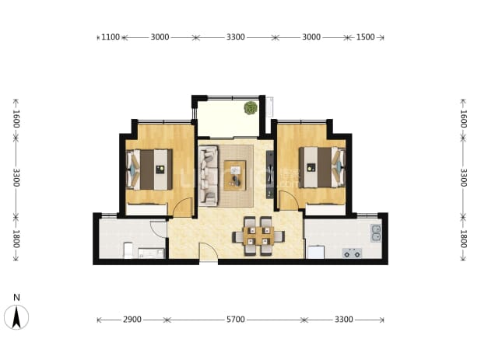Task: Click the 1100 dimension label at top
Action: pos(111,37)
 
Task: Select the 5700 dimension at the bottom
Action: pos(236,320)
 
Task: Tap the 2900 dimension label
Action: pos(132,320)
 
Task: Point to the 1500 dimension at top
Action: pos(365,37)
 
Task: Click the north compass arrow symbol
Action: pos(16,317)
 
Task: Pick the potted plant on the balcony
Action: pos(251,107)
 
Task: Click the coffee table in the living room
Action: pos(235,176)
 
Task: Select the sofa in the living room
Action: pos(209,175)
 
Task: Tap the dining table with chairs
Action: pos(258,236)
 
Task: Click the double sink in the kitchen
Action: pos(376,232)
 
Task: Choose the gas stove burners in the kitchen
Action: pos(352,253)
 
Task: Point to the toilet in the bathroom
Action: pos(128,250)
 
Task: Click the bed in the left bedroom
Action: pos(149,170)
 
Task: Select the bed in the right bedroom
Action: pos(322,167)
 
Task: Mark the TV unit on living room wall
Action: pos(270,174)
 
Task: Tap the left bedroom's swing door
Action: pos(183,208)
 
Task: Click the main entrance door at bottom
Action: pos(209,252)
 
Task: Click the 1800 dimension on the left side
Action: pos(16,239)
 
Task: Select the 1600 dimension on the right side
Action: pos(464,119)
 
